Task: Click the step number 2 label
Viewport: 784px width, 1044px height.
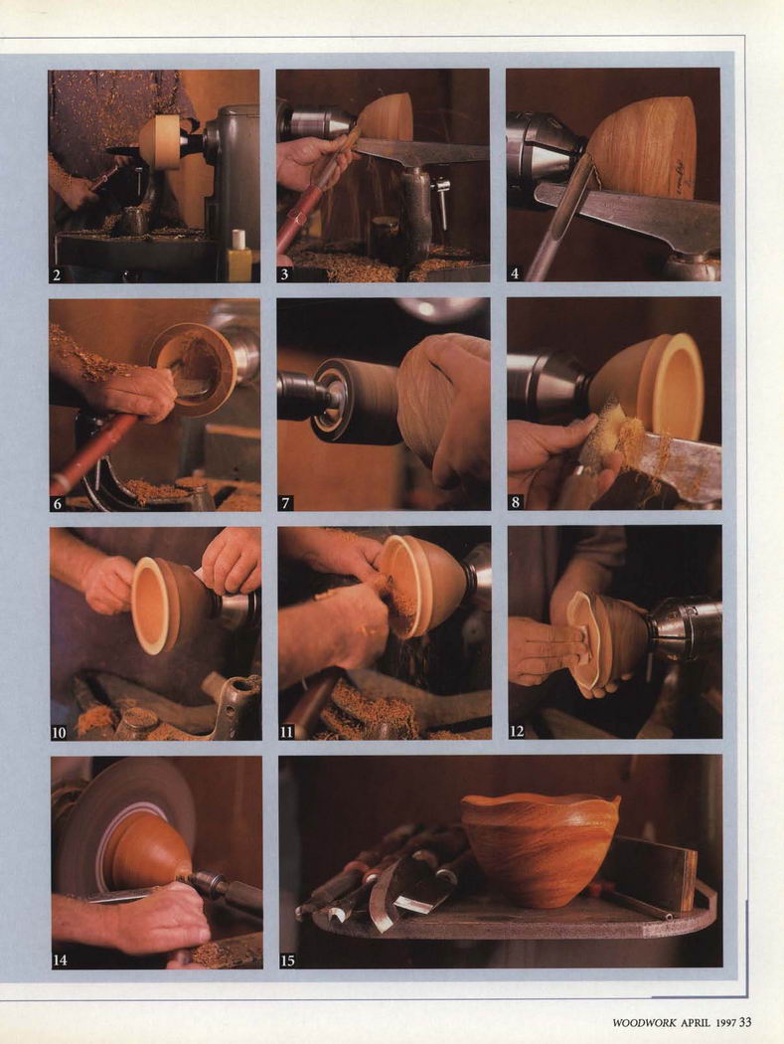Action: pyautogui.click(x=57, y=274)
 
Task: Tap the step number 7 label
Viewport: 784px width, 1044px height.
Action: pyautogui.click(x=285, y=503)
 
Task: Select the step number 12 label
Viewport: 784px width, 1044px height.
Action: pyautogui.click(x=517, y=731)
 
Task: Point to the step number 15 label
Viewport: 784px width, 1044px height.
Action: pyautogui.click(x=287, y=960)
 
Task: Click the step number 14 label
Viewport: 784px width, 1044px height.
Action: pyautogui.click(x=60, y=960)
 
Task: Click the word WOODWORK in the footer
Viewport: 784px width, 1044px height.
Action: pyautogui.click(x=644, y=1022)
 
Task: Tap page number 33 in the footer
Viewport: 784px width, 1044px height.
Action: pyautogui.click(x=744, y=1021)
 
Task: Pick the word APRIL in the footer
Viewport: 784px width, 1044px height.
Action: pyautogui.click(x=697, y=1022)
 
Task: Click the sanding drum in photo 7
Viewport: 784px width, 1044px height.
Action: pyautogui.click(x=359, y=402)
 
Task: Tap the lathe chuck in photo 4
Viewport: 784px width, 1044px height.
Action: pyautogui.click(x=545, y=157)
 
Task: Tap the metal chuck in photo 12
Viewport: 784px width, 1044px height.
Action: pyautogui.click(x=686, y=629)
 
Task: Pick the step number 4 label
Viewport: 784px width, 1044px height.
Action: pyautogui.click(x=515, y=273)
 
